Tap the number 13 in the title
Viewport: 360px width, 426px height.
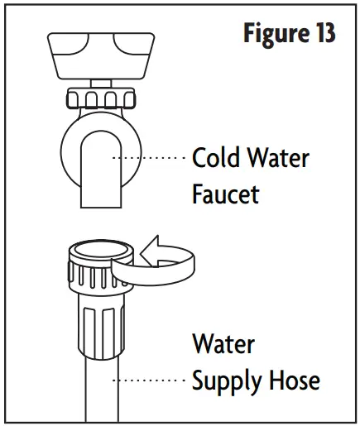(322, 34)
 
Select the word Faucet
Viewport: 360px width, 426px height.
(226, 194)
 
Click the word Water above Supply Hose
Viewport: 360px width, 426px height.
(223, 343)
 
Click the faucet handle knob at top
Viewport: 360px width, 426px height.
(101, 53)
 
